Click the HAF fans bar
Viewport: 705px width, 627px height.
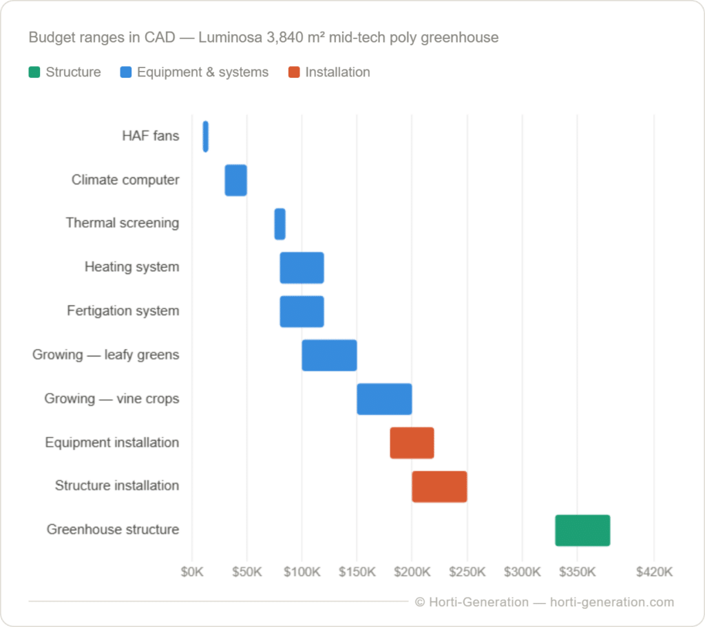point(205,136)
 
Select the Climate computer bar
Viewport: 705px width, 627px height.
point(235,180)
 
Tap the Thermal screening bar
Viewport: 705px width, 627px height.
point(280,224)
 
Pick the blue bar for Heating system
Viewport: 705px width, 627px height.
point(302,268)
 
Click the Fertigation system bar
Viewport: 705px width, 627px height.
point(302,311)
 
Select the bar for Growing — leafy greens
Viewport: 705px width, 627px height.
point(329,355)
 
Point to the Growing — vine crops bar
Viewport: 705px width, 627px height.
point(384,399)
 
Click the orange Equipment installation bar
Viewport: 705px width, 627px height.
point(412,443)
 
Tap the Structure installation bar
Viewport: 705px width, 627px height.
point(439,487)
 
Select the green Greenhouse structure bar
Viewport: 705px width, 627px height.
point(582,530)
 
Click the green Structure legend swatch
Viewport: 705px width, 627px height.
point(34,72)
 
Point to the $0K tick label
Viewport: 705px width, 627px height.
point(191,572)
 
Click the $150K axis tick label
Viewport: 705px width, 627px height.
point(357,572)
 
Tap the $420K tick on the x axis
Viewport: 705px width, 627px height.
point(654,572)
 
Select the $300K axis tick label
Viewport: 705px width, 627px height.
point(522,572)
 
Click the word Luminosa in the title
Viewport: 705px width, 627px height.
point(227,37)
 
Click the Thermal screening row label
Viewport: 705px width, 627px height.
point(123,223)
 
